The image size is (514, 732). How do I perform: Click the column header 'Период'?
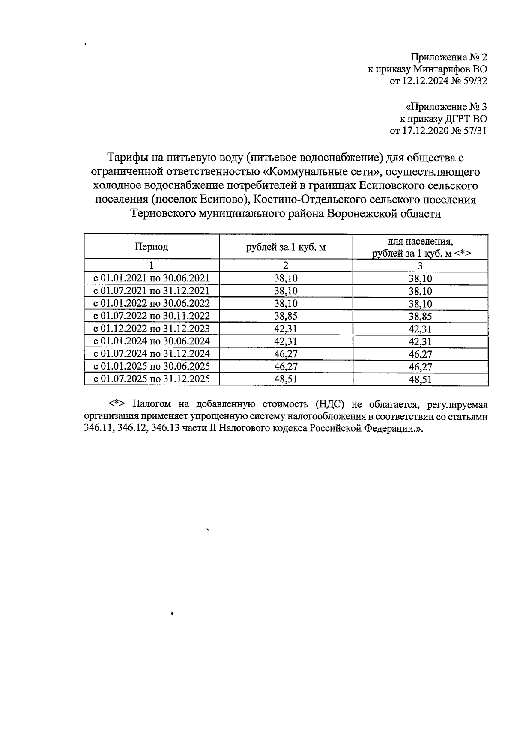point(152,247)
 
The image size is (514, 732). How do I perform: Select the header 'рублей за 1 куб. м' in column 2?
point(286,247)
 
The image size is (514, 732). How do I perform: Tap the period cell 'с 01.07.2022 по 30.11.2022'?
point(152,316)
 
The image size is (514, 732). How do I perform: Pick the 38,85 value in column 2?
point(286,316)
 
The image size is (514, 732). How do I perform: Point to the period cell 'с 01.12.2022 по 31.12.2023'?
point(152,329)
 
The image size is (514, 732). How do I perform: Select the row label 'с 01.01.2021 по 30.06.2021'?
point(152,278)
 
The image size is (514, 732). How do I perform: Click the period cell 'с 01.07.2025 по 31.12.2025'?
point(152,379)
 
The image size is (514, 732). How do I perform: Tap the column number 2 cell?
point(286,265)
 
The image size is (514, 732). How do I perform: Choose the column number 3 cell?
point(420,265)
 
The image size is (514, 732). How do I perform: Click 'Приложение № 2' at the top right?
point(449,57)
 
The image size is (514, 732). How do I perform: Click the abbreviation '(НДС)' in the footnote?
point(330,404)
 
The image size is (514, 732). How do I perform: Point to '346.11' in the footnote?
point(97,429)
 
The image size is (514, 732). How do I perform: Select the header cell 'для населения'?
point(420,241)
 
